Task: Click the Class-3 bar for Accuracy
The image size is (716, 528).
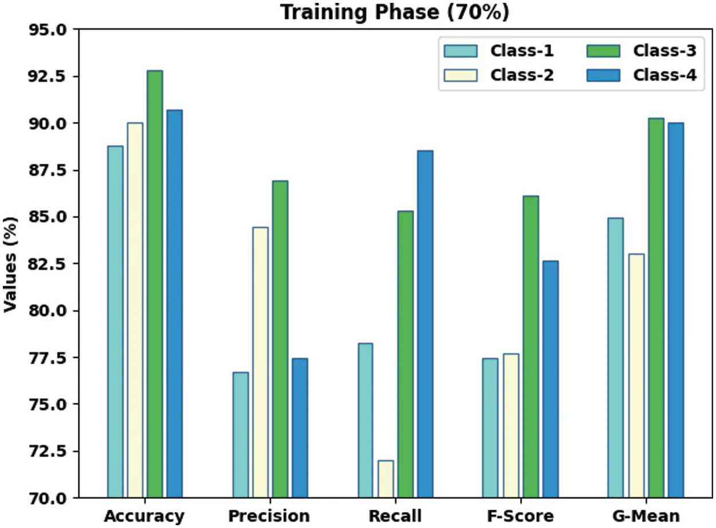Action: click(155, 284)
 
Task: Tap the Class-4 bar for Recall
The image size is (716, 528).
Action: click(425, 324)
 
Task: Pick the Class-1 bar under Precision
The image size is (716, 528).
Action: click(241, 435)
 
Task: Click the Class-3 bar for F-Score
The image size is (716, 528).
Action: click(530, 347)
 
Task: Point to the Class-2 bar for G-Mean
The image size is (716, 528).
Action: click(636, 376)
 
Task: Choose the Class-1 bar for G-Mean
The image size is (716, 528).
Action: click(616, 358)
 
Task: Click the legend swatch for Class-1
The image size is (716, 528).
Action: click(461, 51)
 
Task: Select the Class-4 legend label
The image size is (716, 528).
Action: click(664, 75)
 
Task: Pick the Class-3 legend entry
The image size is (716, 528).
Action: click(664, 51)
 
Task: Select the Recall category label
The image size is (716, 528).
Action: click(395, 516)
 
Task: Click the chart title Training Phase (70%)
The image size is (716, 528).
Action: click(394, 13)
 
